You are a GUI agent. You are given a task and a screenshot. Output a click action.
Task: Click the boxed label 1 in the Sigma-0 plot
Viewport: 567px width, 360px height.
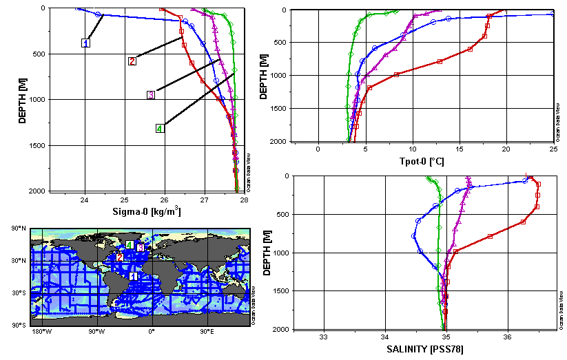(x=86, y=43)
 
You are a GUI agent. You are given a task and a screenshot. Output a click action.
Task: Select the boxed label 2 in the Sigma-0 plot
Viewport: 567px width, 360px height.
(x=132, y=61)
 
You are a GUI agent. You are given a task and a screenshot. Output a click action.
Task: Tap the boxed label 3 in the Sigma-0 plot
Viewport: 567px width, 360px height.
(x=150, y=94)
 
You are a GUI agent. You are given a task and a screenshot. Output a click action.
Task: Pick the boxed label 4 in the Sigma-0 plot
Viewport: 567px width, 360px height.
(x=159, y=128)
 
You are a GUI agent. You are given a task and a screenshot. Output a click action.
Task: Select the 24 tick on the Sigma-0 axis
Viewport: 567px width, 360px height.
(x=85, y=200)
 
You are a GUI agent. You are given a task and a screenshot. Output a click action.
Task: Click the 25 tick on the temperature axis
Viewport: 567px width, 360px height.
(x=553, y=149)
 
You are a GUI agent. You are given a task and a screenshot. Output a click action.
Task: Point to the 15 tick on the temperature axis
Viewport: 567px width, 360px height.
(x=460, y=149)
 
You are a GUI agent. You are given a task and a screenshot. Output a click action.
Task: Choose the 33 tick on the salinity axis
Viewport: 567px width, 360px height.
(x=323, y=337)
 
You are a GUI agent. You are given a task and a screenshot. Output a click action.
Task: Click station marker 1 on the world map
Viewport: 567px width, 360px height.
(x=134, y=275)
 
